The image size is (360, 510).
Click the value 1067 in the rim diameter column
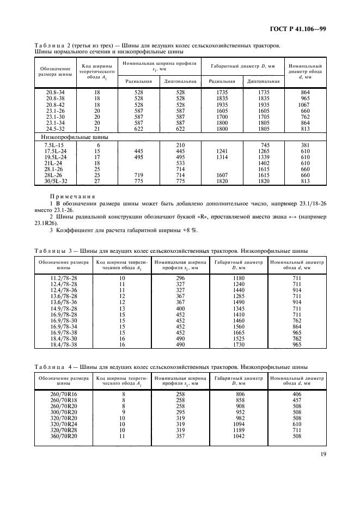click(x=304, y=104)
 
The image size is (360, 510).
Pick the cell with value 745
click(x=264, y=144)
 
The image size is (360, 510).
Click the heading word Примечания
click(x=73, y=197)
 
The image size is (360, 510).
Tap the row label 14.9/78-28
click(x=63, y=308)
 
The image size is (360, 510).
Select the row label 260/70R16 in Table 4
click(x=63, y=393)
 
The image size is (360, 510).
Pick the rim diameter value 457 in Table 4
click(x=296, y=400)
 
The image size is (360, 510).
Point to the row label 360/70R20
click(x=63, y=436)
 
